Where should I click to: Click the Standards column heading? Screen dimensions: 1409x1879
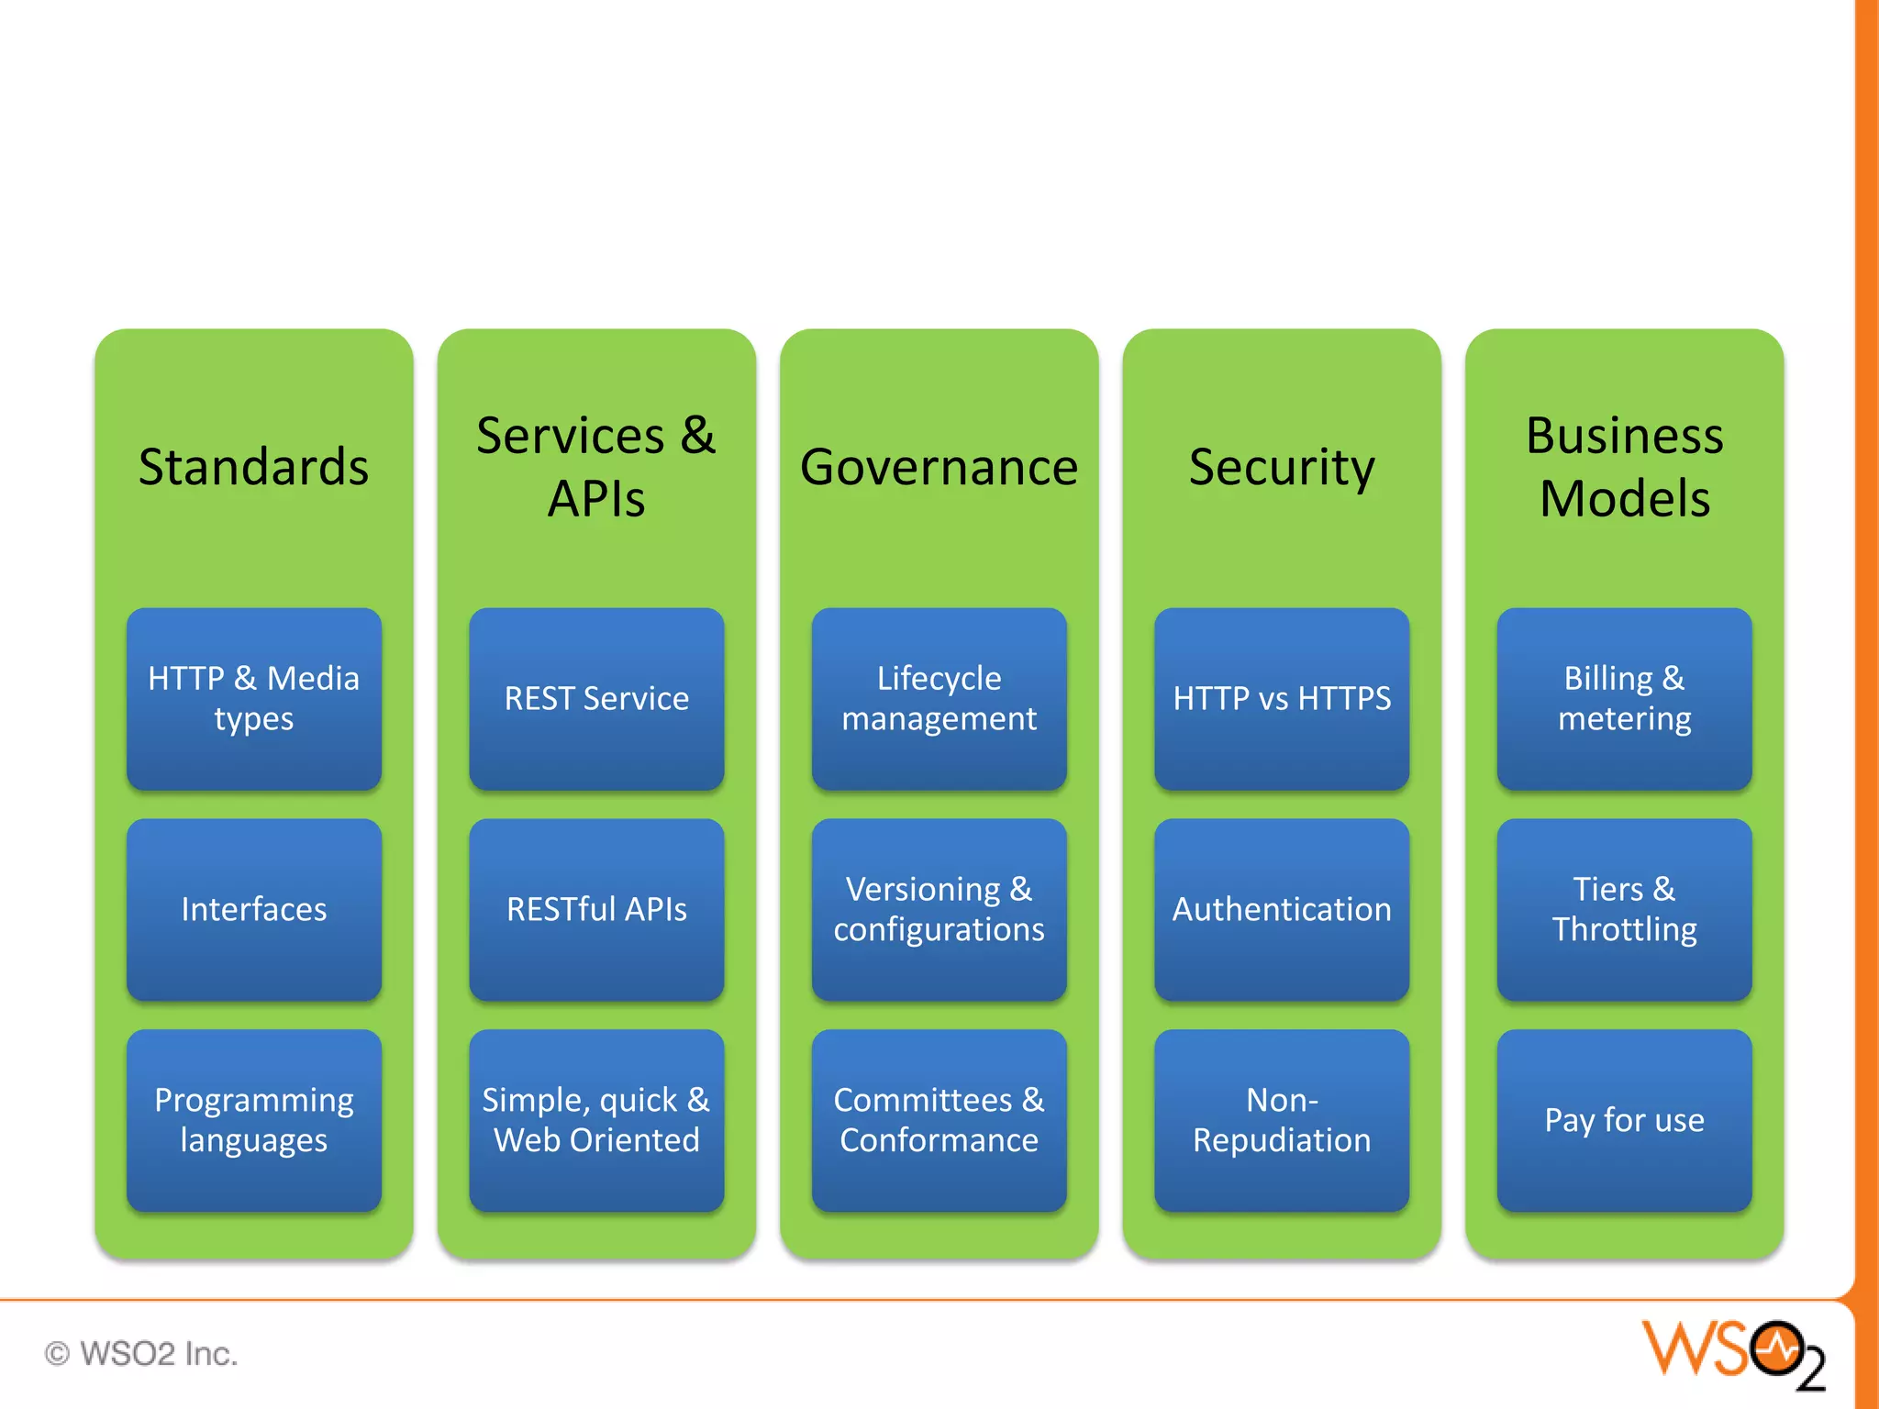pyautogui.click(x=254, y=467)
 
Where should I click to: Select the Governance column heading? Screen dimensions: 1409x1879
pyautogui.click(x=939, y=467)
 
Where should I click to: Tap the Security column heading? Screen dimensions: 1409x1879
pyautogui.click(x=1282, y=467)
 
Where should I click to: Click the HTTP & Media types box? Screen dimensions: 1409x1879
pyautogui.click(x=254, y=698)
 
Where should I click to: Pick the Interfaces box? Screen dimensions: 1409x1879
pyautogui.click(x=254, y=909)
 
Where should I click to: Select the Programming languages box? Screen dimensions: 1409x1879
pyautogui.click(x=254, y=1120)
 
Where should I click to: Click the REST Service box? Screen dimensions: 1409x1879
pyautogui.click(x=596, y=698)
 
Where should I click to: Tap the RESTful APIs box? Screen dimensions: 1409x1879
pyautogui.click(x=596, y=909)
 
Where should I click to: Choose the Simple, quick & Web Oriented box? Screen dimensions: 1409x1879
pyautogui.click(x=596, y=1120)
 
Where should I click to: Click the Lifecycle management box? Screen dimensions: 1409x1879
pyautogui.click(x=939, y=698)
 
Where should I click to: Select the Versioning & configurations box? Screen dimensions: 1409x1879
pyautogui.click(x=939, y=909)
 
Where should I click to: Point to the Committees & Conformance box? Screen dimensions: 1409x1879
pyautogui.click(x=939, y=1120)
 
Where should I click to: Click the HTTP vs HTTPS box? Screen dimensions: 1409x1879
pyautogui.click(x=1282, y=698)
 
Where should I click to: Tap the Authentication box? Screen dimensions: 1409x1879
pyautogui.click(x=1282, y=909)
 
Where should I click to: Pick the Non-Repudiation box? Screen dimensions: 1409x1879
pyautogui.click(x=1282, y=1120)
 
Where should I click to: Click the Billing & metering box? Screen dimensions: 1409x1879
pyautogui.click(x=1624, y=698)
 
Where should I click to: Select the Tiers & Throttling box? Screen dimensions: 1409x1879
pyautogui.click(x=1624, y=909)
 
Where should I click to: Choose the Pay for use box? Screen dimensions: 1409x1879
pyautogui.click(x=1624, y=1120)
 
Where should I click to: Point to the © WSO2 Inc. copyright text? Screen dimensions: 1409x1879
pyautogui.click(x=141, y=1353)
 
